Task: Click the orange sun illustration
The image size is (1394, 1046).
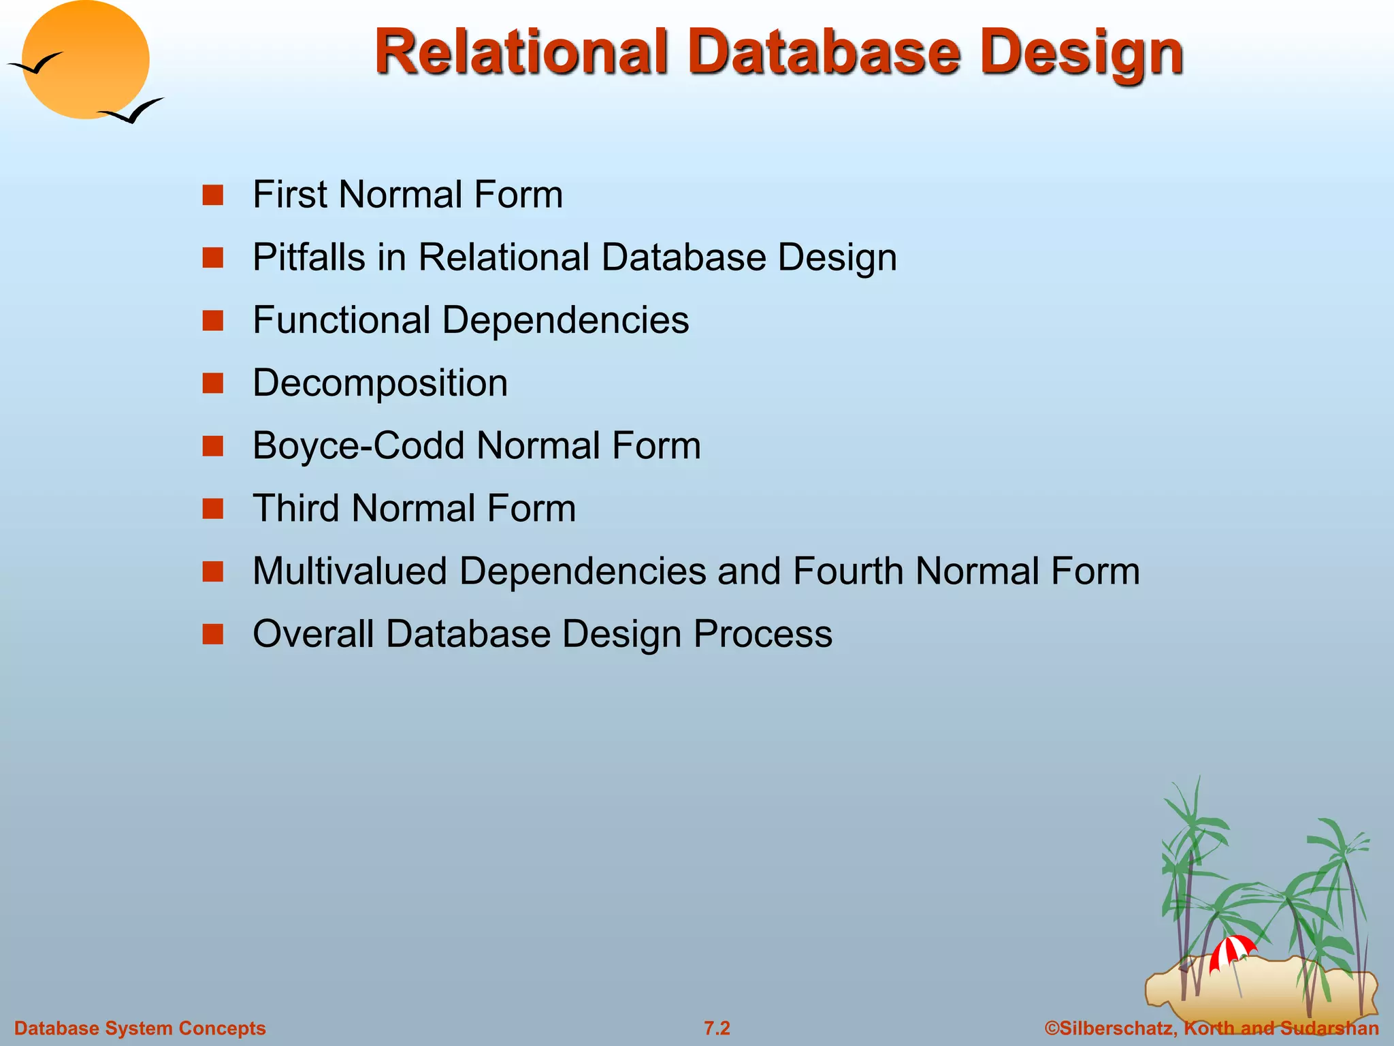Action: point(85,60)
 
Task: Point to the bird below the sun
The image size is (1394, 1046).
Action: point(133,112)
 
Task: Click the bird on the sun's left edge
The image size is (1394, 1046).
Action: point(35,65)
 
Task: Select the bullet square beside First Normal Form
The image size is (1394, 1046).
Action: point(213,195)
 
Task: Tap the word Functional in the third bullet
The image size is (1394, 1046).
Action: point(341,320)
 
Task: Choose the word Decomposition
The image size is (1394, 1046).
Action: point(380,383)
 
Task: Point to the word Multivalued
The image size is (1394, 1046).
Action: point(349,571)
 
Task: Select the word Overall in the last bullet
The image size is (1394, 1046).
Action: point(313,634)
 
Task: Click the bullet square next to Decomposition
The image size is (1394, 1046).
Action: point(213,383)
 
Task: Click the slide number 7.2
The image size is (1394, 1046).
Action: point(717,1028)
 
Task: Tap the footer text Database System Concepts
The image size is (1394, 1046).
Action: point(140,1028)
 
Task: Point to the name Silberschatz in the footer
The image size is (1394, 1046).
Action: point(1117,1028)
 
